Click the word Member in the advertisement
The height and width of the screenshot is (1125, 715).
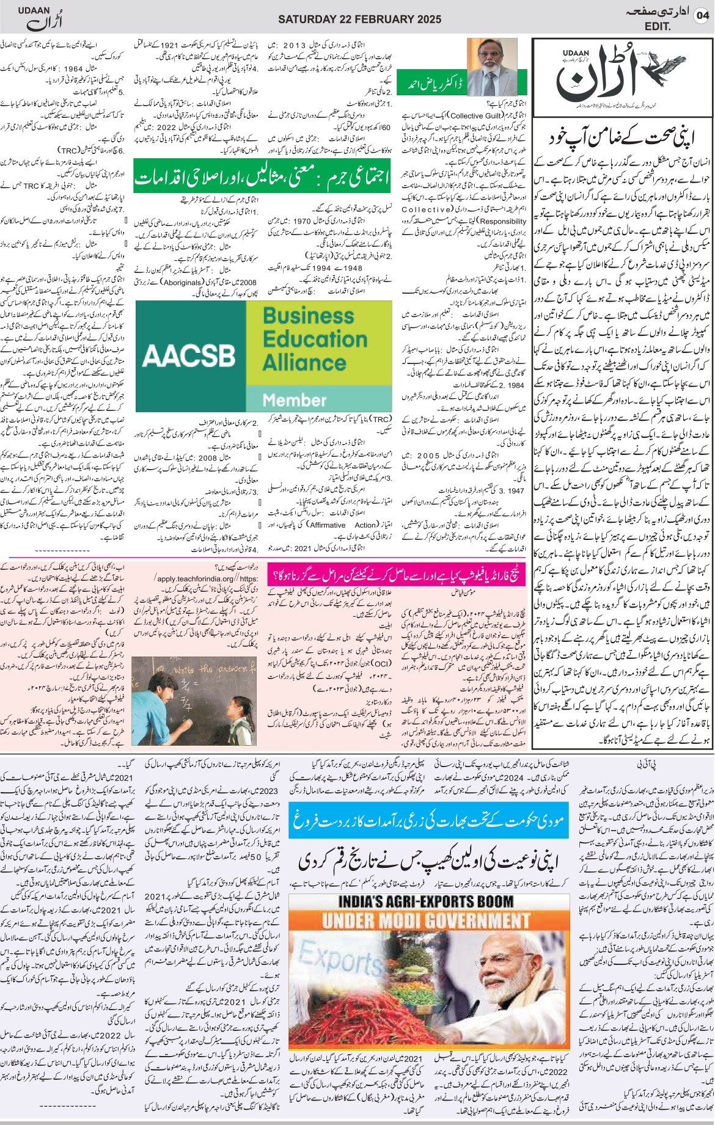point(295,399)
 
